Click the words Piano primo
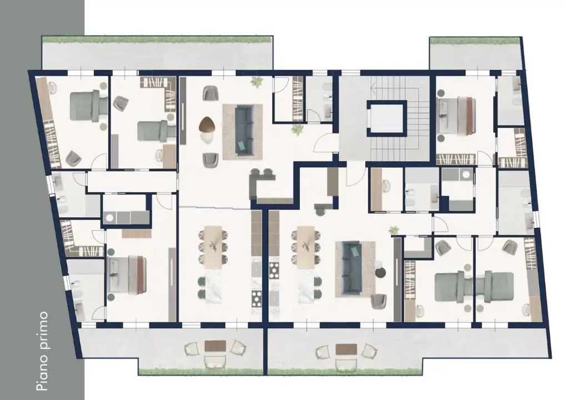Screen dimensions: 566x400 pyautogui.click(x=43, y=351)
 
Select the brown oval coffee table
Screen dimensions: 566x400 pyautogui.click(x=207, y=124)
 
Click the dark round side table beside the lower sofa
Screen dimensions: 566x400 pyautogui.click(x=380, y=273)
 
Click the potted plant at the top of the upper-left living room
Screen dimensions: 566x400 pyautogui.click(x=257, y=82)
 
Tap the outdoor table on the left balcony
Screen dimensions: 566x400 pyautogui.click(x=216, y=346)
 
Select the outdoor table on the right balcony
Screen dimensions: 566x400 pyautogui.click(x=347, y=349)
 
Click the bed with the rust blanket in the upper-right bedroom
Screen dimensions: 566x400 pyautogui.click(x=456, y=116)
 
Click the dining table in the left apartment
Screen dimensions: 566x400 pyautogui.click(x=213, y=247)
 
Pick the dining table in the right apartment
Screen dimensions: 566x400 pyautogui.click(x=306, y=247)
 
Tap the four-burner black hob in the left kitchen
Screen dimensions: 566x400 pyautogui.click(x=257, y=298)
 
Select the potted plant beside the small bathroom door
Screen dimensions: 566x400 pyautogui.click(x=297, y=129)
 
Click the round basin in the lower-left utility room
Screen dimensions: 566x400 pyautogui.click(x=109, y=218)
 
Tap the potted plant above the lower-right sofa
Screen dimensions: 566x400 pyautogui.click(x=394, y=229)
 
